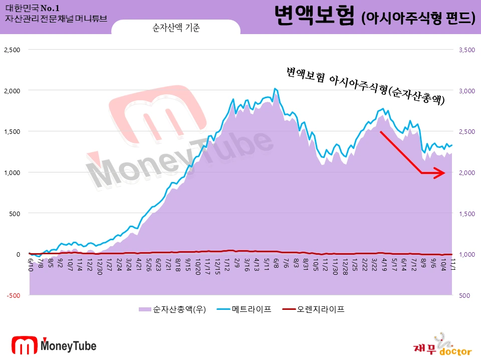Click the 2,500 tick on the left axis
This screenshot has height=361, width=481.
pyautogui.click(x=12, y=50)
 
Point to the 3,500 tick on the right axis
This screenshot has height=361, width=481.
pyautogui.click(x=465, y=50)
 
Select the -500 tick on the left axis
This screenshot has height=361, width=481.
pyautogui.click(x=14, y=295)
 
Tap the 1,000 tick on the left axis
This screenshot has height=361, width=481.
pyautogui.click(x=12, y=172)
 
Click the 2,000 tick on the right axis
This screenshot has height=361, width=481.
pyautogui.click(x=465, y=172)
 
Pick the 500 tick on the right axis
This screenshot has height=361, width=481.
pyautogui.click(x=463, y=295)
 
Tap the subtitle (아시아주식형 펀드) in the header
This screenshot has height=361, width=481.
pyautogui.click(x=418, y=18)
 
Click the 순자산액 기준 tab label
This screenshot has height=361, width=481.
pyautogui.click(x=176, y=28)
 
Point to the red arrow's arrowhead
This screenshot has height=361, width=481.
pyautogui.click(x=442, y=173)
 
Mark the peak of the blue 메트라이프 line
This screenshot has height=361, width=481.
pyautogui.click(x=274, y=89)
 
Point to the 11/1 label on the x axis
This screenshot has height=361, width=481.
pyautogui.click(x=452, y=263)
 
